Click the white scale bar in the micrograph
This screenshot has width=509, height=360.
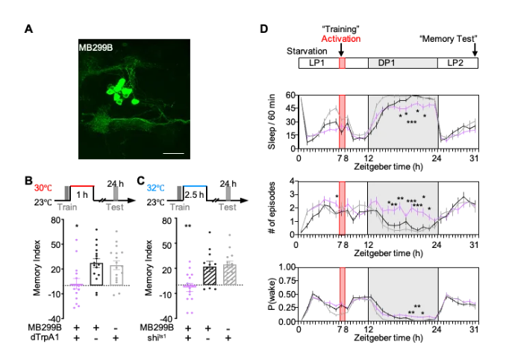coord(173,153)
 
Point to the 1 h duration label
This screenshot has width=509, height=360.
coord(84,193)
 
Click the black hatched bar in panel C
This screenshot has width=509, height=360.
coord(210,275)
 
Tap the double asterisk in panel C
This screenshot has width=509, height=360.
coord(189,226)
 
